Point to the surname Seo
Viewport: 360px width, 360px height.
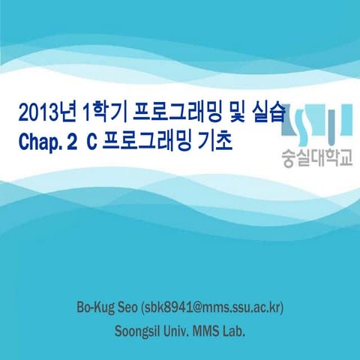click(x=128, y=308)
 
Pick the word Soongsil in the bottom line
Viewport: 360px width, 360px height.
click(x=139, y=330)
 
